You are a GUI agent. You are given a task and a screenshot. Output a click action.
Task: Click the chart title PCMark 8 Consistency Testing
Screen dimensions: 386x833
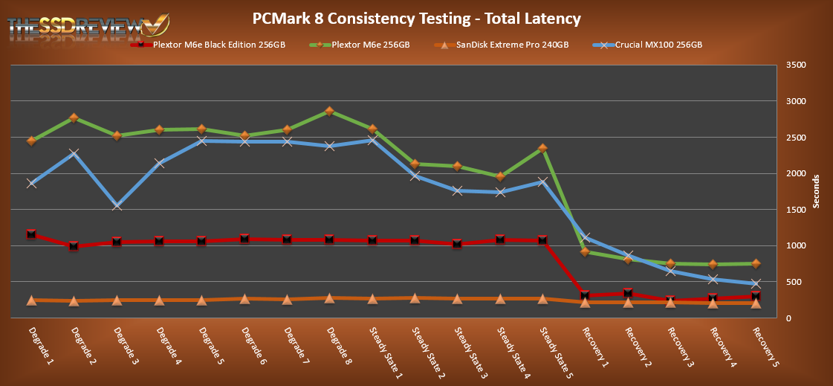tap(416, 18)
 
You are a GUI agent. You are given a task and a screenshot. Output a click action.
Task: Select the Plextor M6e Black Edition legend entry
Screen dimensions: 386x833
tap(208, 45)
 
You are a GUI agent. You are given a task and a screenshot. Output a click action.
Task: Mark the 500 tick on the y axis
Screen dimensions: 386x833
tap(795, 282)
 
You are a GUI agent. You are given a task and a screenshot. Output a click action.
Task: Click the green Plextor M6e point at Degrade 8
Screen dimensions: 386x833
tap(329, 112)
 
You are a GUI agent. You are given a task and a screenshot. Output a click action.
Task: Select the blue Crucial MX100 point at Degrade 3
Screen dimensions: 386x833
tap(117, 205)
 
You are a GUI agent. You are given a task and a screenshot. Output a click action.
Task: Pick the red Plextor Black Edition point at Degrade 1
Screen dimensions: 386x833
tap(31, 234)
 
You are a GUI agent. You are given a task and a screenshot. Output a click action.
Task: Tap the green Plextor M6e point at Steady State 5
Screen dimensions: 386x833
tap(542, 149)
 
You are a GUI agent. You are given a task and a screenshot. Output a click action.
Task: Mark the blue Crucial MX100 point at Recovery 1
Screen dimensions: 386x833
tap(585, 238)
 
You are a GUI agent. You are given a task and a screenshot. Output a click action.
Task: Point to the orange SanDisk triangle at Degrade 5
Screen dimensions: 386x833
tap(201, 300)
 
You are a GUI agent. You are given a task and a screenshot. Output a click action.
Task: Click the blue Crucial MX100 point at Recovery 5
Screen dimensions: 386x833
tap(756, 283)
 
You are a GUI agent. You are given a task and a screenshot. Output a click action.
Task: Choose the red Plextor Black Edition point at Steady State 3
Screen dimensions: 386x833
tap(457, 244)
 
